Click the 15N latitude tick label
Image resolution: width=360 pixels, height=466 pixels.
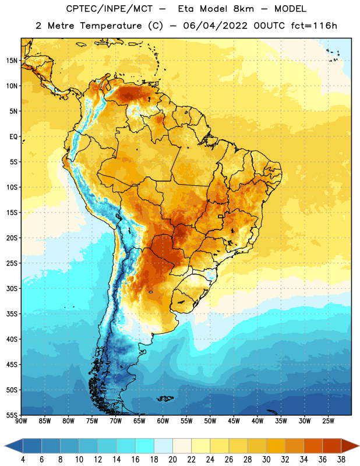click(x=12, y=61)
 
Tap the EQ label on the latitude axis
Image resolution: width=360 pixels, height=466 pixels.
click(x=13, y=137)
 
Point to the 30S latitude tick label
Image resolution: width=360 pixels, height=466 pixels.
click(x=12, y=288)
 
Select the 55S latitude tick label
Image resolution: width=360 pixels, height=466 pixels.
click(x=12, y=415)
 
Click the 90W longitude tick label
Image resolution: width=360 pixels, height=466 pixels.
click(x=21, y=421)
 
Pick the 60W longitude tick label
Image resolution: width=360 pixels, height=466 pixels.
click(x=163, y=421)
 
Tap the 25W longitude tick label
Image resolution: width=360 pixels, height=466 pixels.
click(x=328, y=421)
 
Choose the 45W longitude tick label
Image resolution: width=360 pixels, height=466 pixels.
click(x=234, y=421)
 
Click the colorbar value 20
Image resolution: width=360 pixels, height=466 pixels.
click(x=172, y=460)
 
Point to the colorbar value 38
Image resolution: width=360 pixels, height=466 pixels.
click(x=341, y=460)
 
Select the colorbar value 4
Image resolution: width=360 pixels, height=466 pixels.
click(x=23, y=460)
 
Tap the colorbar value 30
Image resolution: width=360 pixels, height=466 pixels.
click(x=266, y=460)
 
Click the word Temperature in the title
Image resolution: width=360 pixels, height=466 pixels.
click(x=111, y=26)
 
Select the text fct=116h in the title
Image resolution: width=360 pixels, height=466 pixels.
click(x=314, y=26)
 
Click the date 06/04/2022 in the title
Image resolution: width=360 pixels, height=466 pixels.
click(x=215, y=26)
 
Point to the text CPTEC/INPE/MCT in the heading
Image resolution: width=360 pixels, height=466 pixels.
click(x=110, y=9)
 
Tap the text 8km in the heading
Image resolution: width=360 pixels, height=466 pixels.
click(x=243, y=9)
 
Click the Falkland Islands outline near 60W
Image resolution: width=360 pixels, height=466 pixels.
click(x=165, y=398)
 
